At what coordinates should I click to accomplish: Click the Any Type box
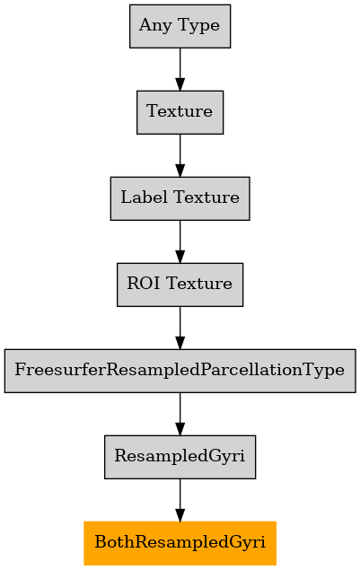180,26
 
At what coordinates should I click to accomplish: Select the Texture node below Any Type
180,112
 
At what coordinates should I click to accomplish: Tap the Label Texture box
180,198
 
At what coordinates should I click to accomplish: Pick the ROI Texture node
180,285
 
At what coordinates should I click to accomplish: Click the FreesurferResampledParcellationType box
180,371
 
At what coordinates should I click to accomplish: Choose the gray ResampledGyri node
180,457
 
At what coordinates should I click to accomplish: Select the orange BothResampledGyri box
180,543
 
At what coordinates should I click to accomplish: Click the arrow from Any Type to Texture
180,69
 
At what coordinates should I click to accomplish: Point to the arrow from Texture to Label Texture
180,155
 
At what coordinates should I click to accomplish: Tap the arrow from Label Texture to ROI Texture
180,241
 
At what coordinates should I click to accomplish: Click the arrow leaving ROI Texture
180,328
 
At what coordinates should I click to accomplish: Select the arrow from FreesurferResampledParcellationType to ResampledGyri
180,414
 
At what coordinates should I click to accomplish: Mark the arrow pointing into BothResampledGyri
180,500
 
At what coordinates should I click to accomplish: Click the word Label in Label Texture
145,197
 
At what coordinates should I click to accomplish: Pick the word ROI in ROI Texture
144,284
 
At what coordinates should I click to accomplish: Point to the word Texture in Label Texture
206,197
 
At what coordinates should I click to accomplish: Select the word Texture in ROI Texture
199,284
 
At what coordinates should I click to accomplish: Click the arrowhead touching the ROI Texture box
180,257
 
